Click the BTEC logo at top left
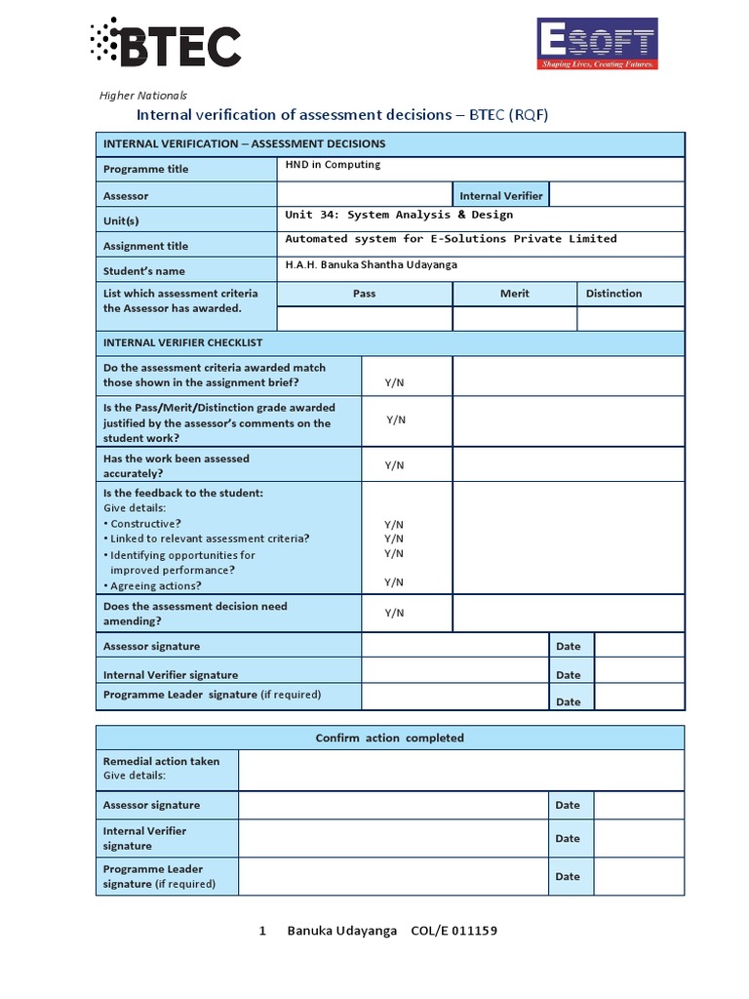[x=165, y=44]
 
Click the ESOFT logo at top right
[x=598, y=44]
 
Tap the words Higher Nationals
[x=143, y=96]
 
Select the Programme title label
[x=146, y=169]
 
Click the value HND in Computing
[x=333, y=165]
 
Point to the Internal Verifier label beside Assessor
[x=501, y=196]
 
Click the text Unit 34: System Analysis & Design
[x=399, y=215]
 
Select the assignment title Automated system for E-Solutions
[x=451, y=239]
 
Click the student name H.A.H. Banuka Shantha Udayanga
[x=371, y=265]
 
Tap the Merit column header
[x=515, y=294]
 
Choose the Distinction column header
[x=613, y=294]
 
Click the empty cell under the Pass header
[x=365, y=319]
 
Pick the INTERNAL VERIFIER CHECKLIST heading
[x=182, y=343]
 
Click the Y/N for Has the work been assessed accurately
[x=394, y=465]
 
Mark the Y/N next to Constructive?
[x=394, y=524]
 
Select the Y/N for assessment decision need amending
[x=394, y=613]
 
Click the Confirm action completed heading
[x=390, y=738]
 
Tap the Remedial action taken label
[x=161, y=761]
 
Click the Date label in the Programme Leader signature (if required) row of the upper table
[x=568, y=701]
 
